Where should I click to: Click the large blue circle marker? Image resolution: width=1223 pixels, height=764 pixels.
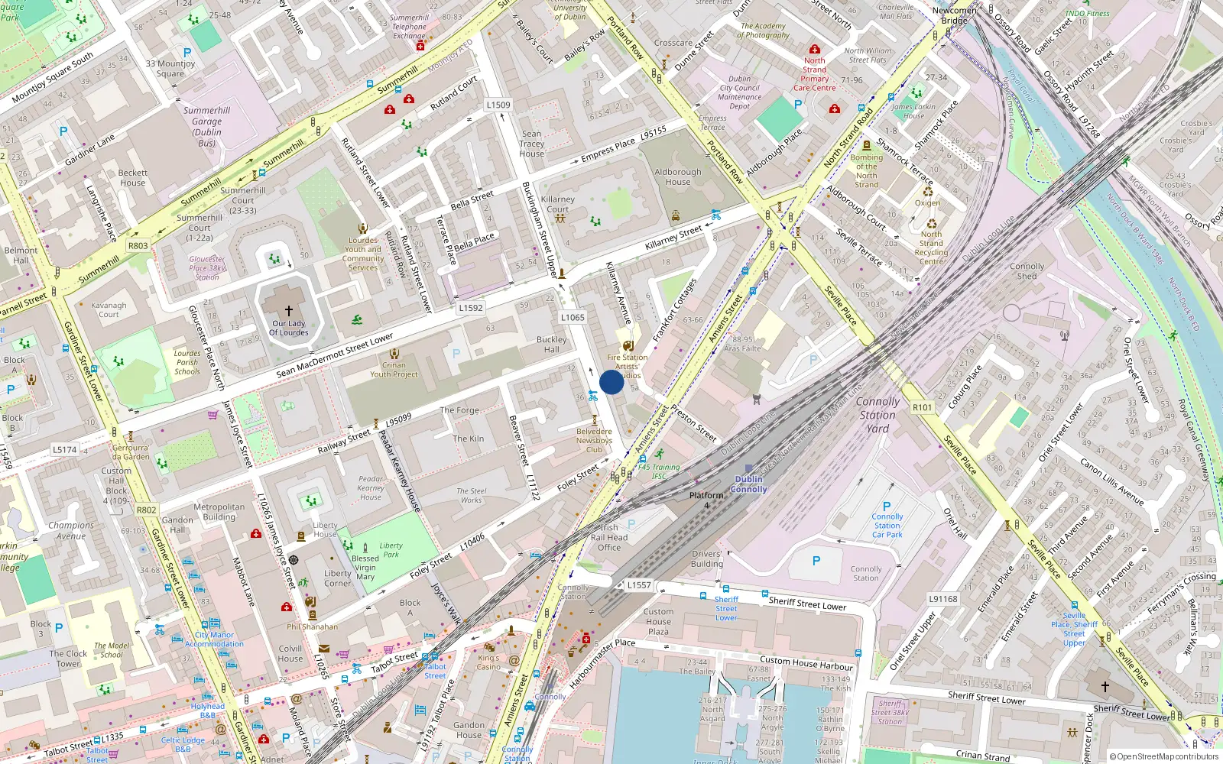coord(611,382)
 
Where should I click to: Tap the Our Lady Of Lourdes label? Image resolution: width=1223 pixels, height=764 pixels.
coord(289,328)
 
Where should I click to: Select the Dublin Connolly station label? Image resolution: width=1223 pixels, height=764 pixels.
coord(749,484)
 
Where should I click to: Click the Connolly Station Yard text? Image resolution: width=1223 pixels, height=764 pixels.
coord(878,415)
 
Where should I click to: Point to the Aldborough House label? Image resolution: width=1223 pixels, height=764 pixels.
coord(677,177)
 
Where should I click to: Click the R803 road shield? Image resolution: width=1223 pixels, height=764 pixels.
coord(138,245)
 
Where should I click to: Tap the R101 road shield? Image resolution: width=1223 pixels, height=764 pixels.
coord(923,407)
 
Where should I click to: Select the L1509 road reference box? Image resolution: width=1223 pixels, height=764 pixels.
coord(498,105)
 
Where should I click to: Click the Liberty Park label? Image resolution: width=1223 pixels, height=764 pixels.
coord(391,550)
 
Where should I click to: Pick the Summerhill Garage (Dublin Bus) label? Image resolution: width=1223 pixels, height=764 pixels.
coord(206,126)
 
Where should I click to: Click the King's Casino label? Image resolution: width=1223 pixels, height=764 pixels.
coord(488,662)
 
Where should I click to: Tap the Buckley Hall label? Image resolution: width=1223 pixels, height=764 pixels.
coord(551,345)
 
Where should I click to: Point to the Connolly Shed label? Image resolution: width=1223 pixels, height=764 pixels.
coord(1027,271)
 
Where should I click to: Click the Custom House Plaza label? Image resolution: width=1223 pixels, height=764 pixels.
coord(658,621)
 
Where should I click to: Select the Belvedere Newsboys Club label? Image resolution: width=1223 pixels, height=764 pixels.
coord(594,441)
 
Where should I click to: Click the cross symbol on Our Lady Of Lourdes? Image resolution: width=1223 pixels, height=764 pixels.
coord(289,311)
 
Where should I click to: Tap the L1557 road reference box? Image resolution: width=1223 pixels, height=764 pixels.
coord(639,585)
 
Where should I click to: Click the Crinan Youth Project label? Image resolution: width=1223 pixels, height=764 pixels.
coord(394,370)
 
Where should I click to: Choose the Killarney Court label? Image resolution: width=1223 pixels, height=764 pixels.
coord(558,204)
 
